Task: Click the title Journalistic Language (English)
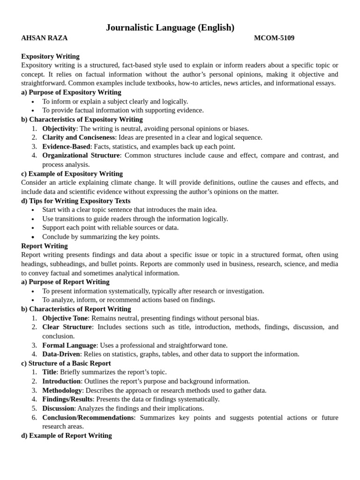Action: [x=170, y=28]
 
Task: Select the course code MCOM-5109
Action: [x=274, y=38]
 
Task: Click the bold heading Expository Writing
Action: [x=50, y=56]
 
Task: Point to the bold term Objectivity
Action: [x=59, y=128]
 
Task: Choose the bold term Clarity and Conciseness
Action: [x=78, y=137]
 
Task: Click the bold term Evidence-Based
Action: [x=66, y=146]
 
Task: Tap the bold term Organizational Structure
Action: [x=81, y=155]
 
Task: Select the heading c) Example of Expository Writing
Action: [x=72, y=173]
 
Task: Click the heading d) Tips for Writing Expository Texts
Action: [x=76, y=201]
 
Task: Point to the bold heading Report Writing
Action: [x=45, y=246]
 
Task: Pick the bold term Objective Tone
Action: [x=65, y=318]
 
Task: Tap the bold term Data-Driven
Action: [x=61, y=354]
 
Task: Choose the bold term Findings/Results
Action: [x=67, y=399]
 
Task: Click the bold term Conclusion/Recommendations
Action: [x=88, y=417]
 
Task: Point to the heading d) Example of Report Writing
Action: [x=66, y=435]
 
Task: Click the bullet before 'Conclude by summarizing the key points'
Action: [x=32, y=237]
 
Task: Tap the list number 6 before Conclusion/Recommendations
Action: [x=34, y=417]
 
